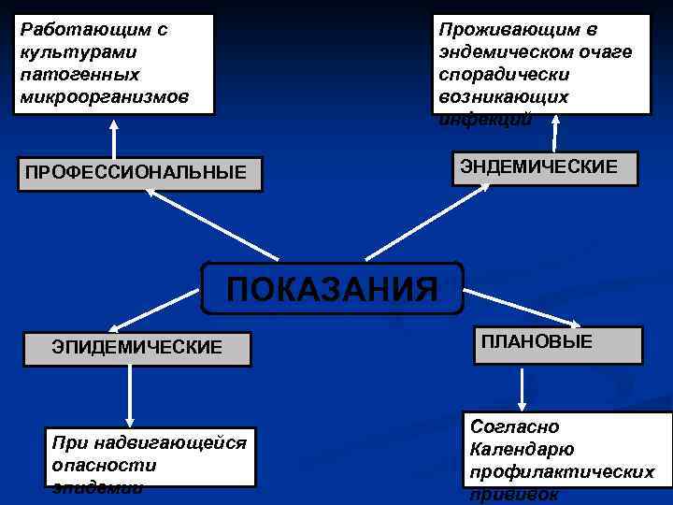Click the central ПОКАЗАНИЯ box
(332, 288)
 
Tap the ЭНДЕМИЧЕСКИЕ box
(545, 167)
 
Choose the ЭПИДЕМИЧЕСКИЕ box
(137, 348)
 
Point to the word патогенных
(79, 74)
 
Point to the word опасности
(105, 465)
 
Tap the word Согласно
(515, 426)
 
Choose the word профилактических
(562, 471)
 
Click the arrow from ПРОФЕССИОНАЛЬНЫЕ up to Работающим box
(114, 137)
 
